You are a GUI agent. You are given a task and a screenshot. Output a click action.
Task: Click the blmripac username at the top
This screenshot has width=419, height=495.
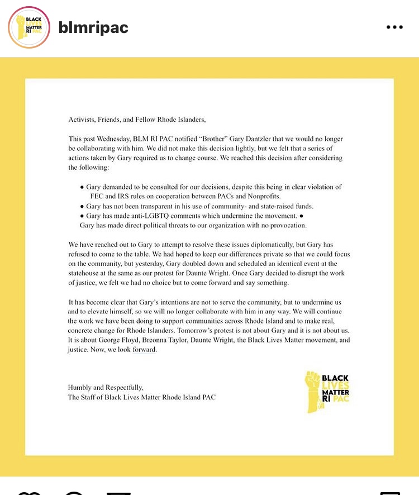93,27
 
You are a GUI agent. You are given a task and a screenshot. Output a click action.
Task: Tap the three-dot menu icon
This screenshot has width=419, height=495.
394,27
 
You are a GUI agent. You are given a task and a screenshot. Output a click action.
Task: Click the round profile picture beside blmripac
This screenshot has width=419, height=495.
29,27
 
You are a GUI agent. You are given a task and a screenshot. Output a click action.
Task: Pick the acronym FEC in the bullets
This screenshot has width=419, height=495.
98,196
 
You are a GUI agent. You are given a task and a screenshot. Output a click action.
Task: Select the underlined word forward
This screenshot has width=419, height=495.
145,350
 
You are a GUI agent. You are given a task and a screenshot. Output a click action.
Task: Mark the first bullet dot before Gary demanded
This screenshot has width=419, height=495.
82,187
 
